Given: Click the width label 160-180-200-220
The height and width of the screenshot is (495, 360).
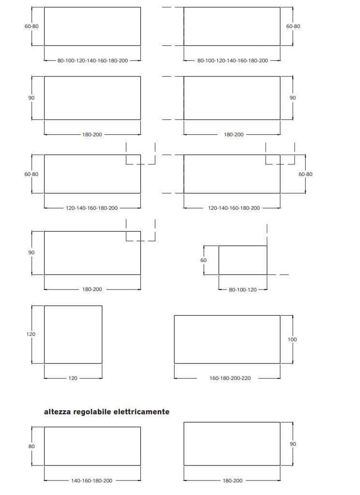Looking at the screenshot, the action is coord(230,378).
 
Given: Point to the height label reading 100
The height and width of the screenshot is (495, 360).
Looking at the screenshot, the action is coord(292,339).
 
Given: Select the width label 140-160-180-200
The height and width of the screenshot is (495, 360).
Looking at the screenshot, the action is coord(91,480).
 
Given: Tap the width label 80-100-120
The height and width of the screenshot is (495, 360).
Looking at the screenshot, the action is coord(243,290).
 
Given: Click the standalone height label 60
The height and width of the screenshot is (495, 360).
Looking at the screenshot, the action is coord(203,260).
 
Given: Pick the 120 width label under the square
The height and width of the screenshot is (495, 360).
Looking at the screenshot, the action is coord(73,378).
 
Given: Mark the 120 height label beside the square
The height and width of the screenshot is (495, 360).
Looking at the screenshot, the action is coord(30,334).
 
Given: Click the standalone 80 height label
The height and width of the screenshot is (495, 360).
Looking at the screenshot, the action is coord(31,446).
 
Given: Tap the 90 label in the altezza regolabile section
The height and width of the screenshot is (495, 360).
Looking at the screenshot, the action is coord(293,444).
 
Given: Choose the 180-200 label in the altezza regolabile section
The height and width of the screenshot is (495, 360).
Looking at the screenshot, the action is coord(232,480).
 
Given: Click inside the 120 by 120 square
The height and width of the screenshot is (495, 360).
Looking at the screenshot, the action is coord(73,335).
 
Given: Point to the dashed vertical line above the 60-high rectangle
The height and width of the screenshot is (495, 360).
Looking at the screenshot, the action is coord(267,234).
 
